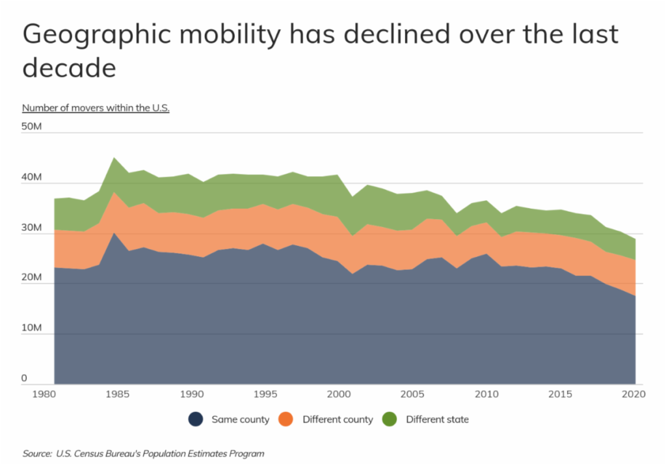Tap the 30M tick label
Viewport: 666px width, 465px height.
[32, 228]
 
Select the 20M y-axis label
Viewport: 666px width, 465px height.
[32, 278]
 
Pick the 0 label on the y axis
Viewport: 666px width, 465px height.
[25, 378]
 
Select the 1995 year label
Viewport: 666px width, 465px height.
[263, 393]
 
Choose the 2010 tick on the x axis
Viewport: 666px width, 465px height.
[486, 393]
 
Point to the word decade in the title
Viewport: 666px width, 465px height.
[70, 68]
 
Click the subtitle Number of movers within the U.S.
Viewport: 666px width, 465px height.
[96, 108]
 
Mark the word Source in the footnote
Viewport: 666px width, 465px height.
[36, 453]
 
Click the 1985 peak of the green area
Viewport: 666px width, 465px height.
[114, 158]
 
